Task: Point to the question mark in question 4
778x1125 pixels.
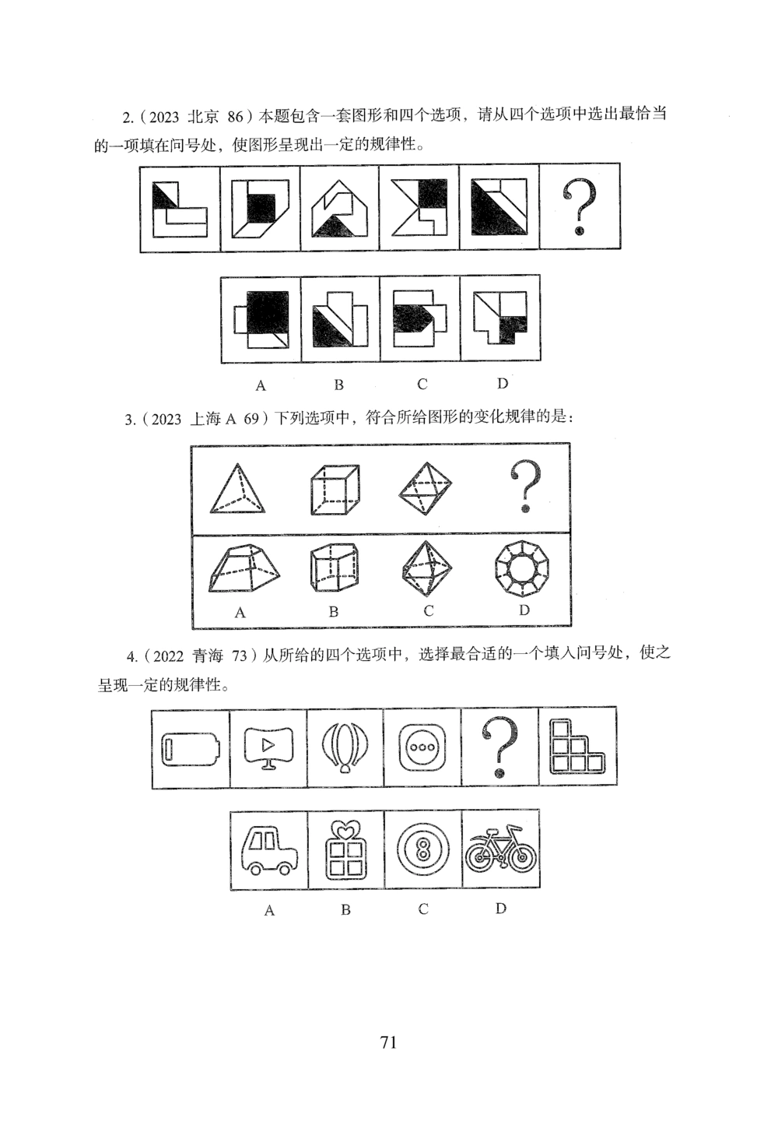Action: pos(499,747)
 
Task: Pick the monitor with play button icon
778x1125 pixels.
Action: pos(268,748)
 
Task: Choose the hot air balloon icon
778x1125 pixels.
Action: pos(345,748)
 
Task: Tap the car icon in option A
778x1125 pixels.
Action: pos(268,850)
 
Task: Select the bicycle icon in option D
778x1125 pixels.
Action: pos(501,850)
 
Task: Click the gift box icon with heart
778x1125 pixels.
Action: pos(345,850)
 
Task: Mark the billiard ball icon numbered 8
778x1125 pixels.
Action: pos(423,850)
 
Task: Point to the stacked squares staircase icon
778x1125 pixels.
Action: pos(578,747)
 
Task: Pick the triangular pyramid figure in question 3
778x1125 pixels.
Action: pos(238,489)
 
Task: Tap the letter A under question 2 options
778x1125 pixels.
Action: pos(261,385)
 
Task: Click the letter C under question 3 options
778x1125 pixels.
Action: pos(429,611)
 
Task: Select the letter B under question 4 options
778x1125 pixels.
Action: pos(345,909)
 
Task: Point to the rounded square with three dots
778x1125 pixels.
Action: pos(423,748)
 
